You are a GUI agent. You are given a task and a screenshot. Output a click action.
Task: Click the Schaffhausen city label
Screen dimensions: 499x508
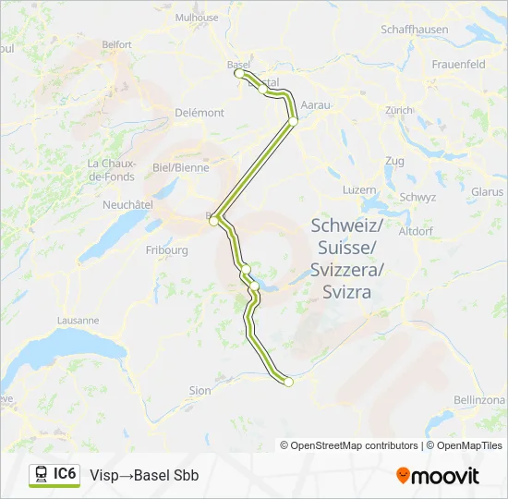(415, 30)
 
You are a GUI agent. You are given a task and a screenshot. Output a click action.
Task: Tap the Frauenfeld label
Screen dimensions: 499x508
(459, 65)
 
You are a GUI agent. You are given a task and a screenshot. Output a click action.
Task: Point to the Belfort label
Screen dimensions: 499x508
(117, 44)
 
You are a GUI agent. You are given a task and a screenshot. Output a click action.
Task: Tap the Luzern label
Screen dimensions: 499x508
(359, 189)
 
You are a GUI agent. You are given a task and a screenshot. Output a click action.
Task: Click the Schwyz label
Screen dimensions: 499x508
(417, 197)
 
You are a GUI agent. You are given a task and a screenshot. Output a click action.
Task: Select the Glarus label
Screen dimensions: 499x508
(486, 191)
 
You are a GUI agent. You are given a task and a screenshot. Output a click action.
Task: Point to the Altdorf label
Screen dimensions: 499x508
(416, 231)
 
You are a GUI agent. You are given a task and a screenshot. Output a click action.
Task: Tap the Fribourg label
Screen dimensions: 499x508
(167, 249)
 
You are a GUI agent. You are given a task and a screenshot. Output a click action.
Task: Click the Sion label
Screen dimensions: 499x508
(200, 391)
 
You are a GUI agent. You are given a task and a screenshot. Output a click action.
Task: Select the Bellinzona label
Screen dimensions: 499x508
(479, 399)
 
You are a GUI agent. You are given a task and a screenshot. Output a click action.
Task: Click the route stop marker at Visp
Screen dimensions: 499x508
(288, 381)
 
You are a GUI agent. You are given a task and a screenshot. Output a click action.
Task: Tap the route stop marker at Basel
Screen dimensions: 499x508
(239, 73)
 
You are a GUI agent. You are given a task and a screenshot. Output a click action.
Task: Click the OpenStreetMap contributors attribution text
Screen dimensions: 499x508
(349, 445)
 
